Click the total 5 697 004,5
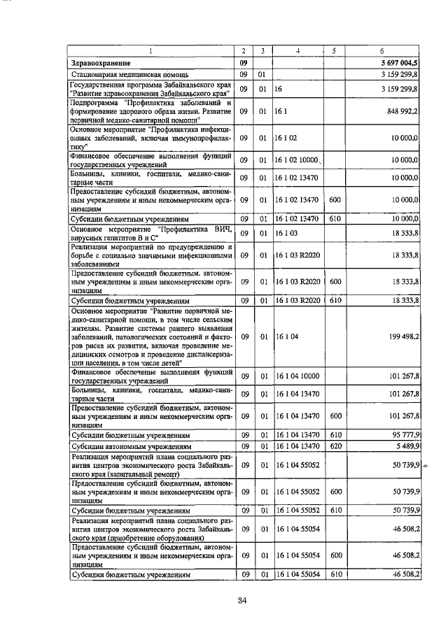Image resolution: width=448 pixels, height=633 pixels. tap(400, 63)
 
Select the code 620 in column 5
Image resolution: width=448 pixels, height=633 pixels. tap(335, 445)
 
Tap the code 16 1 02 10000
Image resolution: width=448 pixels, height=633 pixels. tap(297, 160)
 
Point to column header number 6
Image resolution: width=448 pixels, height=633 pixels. tap(381, 51)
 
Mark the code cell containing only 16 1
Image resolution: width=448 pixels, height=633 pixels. tap(280, 111)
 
